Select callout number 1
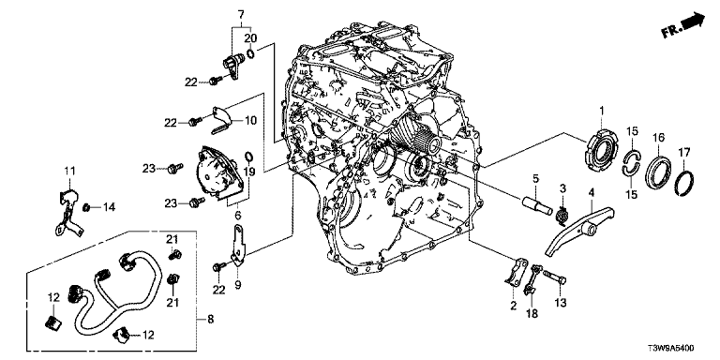(x=602, y=111)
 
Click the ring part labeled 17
(x=686, y=183)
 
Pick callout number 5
(x=534, y=177)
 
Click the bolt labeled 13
(x=555, y=277)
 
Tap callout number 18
(x=532, y=314)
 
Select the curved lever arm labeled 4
(x=578, y=230)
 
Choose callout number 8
(x=210, y=319)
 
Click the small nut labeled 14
(x=85, y=208)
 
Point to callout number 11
(x=69, y=172)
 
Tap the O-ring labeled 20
(x=250, y=54)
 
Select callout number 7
(x=241, y=14)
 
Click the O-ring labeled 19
(x=247, y=157)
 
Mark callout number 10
(x=249, y=121)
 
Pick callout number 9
(x=237, y=285)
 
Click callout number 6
(x=237, y=215)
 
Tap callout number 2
(x=514, y=305)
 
